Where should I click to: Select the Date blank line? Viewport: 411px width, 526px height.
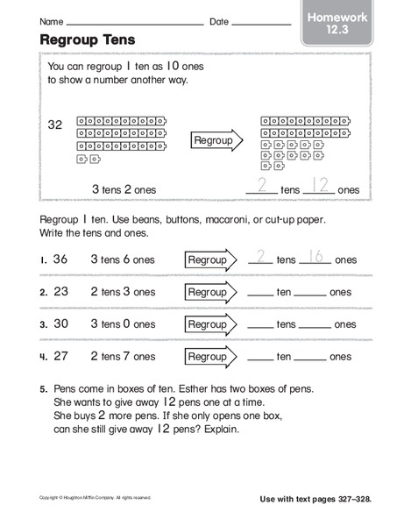(261, 23)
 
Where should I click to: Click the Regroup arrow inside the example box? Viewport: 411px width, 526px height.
(216, 140)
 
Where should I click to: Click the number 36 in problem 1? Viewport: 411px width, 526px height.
(60, 259)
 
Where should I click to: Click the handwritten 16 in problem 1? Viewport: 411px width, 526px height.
(315, 256)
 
